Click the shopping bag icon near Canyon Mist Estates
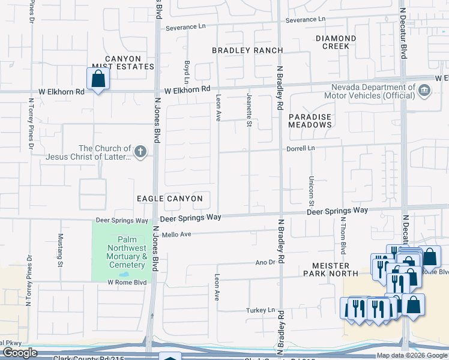[x=98, y=79]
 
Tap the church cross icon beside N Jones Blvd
[x=140, y=152]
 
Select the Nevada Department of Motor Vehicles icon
[x=424, y=91]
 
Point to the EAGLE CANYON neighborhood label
[x=170, y=199]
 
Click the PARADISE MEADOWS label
[x=310, y=121]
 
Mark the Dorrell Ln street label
[x=301, y=148]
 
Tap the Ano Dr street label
[x=265, y=262]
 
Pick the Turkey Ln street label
[x=260, y=310]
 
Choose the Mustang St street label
[x=60, y=250]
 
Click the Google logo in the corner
[x=20, y=353]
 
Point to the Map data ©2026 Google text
[x=411, y=355]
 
